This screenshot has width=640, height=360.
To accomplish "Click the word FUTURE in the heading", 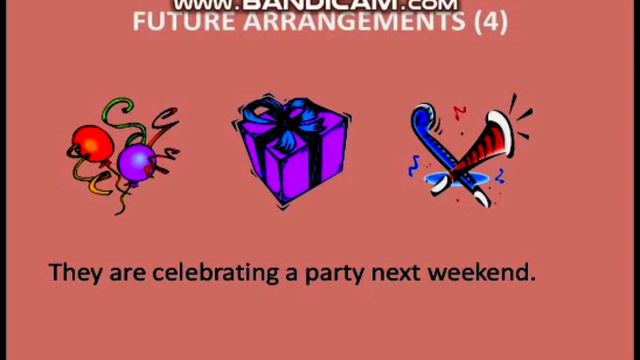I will point(175,22).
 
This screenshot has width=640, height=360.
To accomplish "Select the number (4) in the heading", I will point(486,22).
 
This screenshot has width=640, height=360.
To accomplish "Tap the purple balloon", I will point(136,160).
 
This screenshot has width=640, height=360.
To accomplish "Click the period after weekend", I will point(533,277).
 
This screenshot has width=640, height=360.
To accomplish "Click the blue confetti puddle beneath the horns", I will point(455,180).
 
